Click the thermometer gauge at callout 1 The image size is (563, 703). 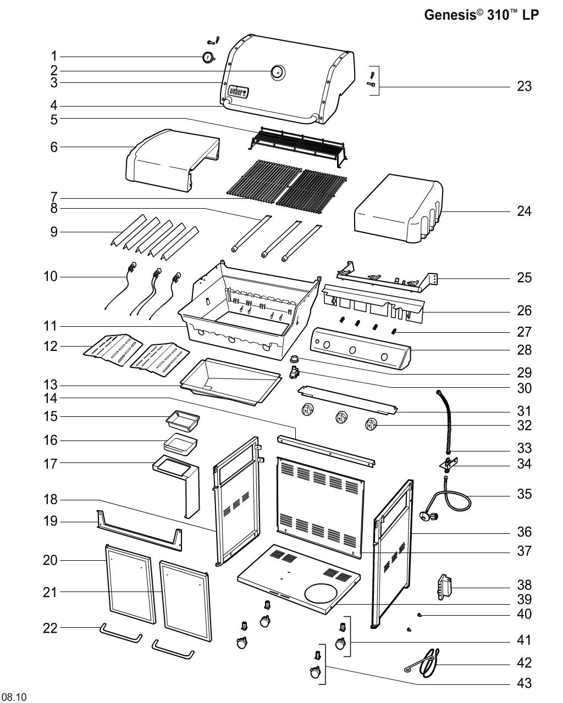208,57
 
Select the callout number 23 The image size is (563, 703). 524,86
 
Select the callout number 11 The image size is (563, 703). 51,326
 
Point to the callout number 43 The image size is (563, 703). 524,683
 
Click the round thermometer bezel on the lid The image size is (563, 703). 278,71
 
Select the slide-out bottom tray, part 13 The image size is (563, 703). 231,382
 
